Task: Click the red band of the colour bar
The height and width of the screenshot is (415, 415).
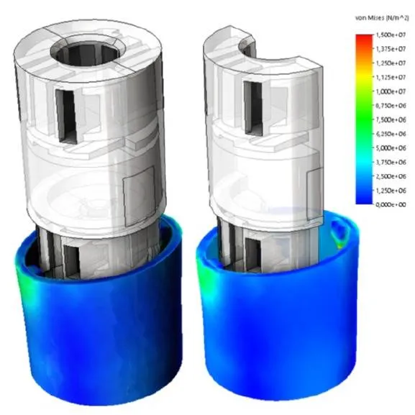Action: click(x=362, y=40)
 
